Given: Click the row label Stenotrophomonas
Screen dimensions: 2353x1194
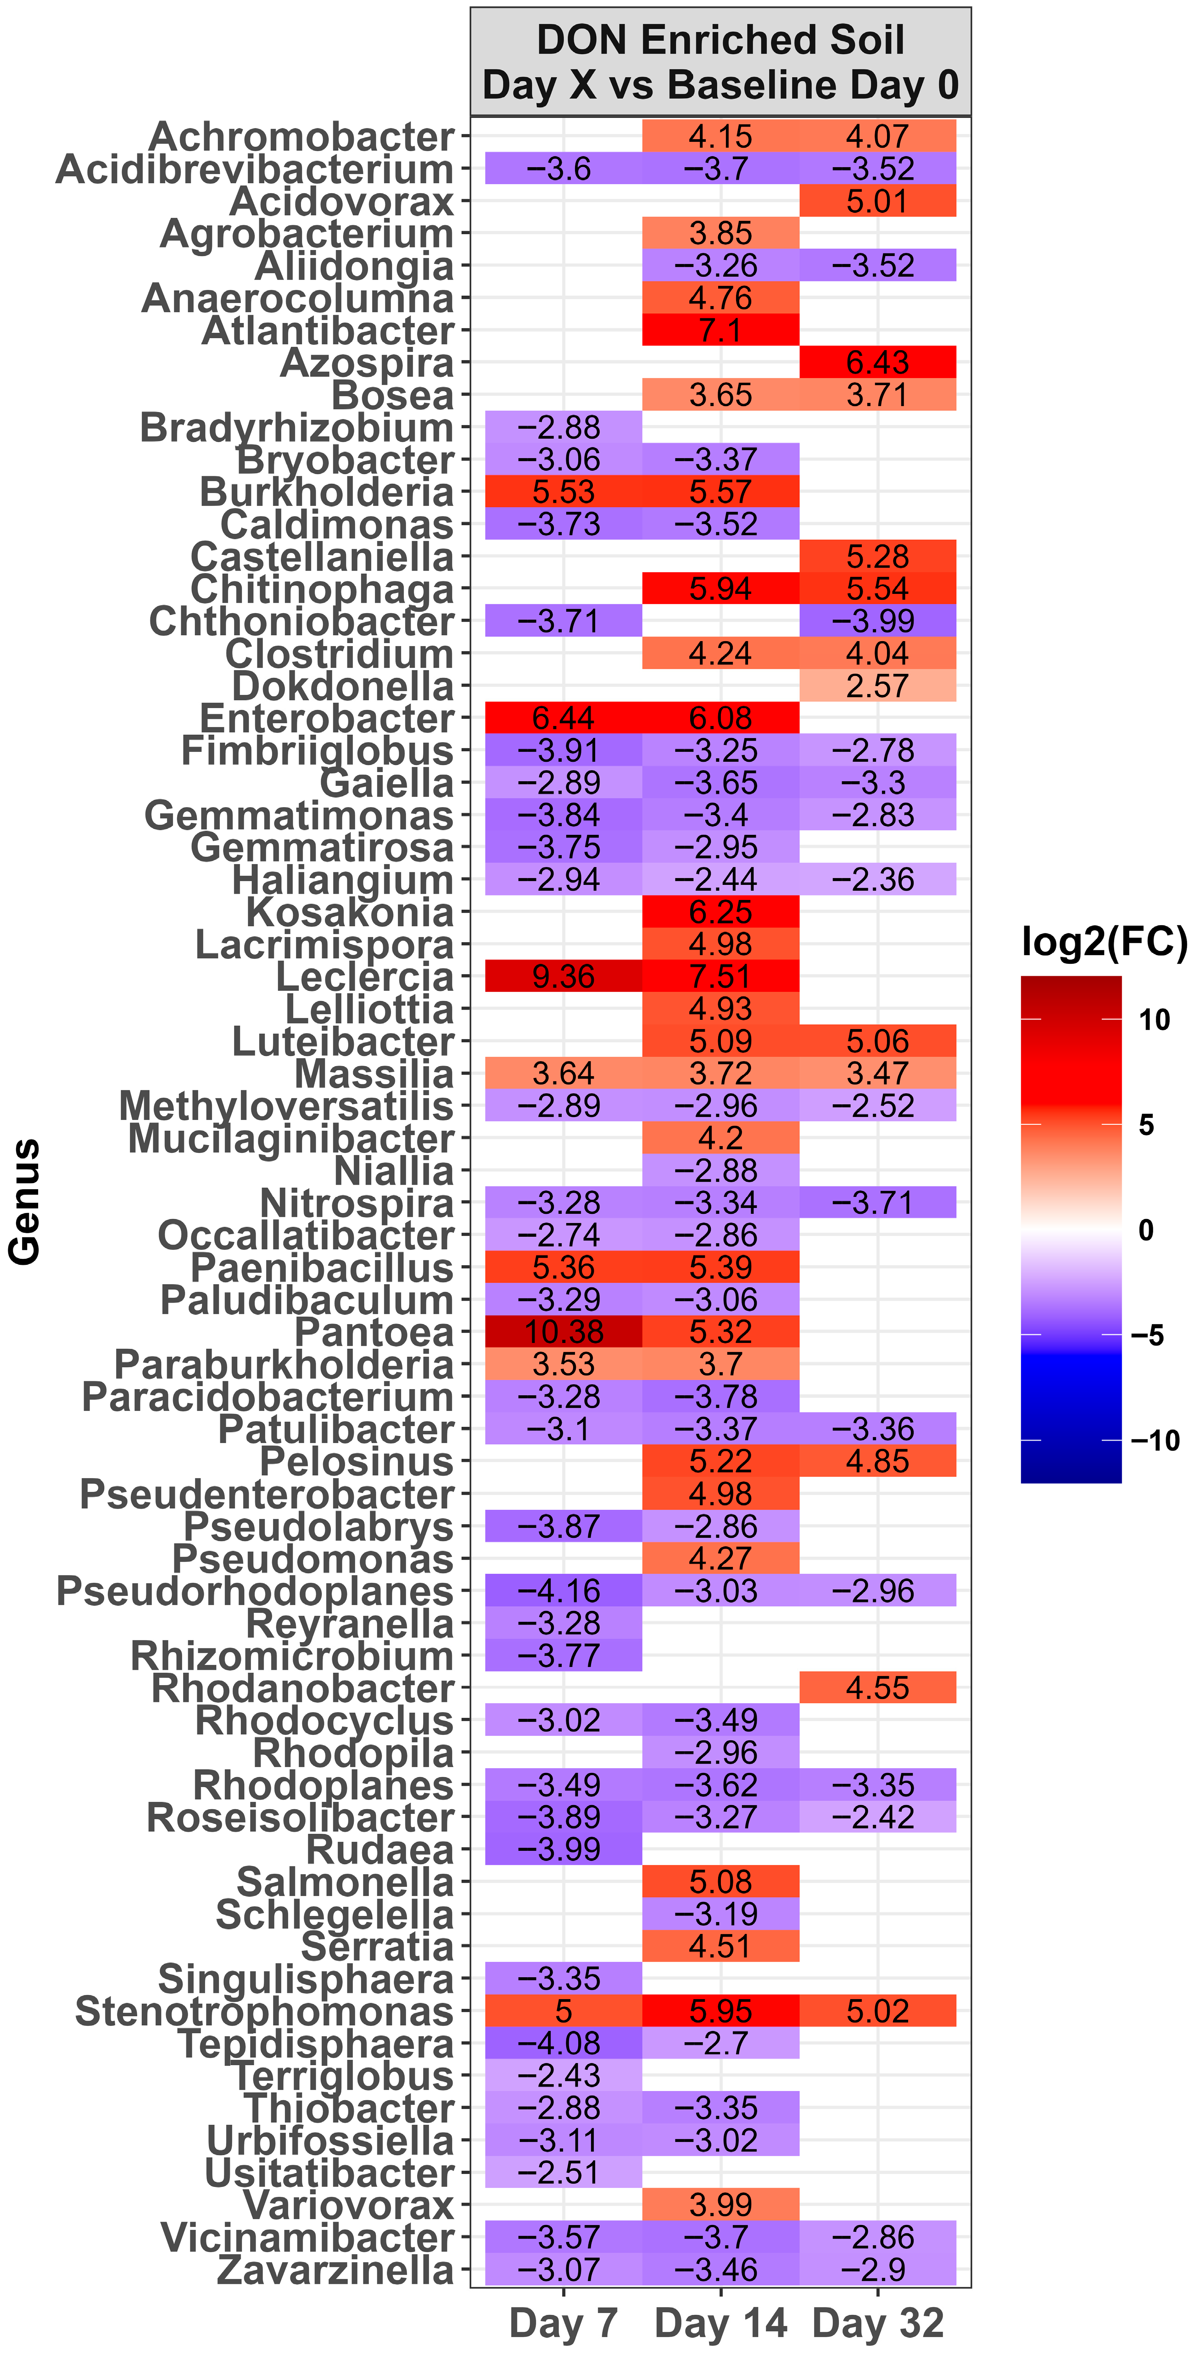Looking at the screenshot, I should point(264,2012).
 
